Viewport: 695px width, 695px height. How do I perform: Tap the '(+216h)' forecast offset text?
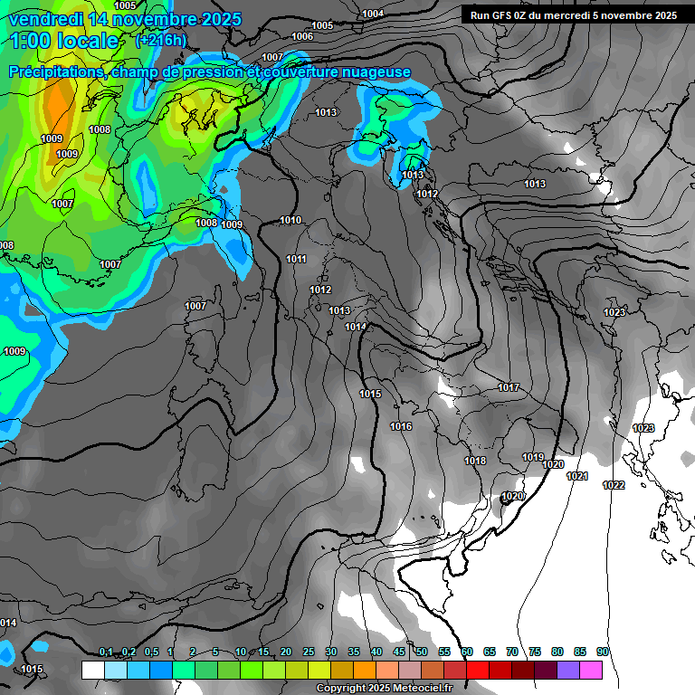click(160, 40)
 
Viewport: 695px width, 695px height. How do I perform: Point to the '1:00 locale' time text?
click(65, 41)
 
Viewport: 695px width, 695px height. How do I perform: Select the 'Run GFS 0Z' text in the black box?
click(506, 15)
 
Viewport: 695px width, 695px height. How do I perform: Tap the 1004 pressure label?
click(372, 14)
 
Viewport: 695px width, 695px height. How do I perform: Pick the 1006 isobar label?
click(302, 36)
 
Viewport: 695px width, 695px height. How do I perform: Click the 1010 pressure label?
click(290, 220)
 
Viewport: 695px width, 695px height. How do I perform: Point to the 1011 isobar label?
click(296, 259)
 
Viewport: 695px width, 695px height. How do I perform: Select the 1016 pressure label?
click(401, 426)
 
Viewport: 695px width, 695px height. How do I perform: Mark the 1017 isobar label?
click(509, 387)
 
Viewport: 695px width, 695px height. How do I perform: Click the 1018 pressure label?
click(475, 461)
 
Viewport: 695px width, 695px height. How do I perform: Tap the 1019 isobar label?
click(533, 457)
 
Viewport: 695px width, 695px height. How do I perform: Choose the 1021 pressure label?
click(576, 476)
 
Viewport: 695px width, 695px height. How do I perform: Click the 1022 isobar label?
click(614, 485)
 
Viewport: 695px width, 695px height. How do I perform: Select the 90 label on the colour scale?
click(602, 652)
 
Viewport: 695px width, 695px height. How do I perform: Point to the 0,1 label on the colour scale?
click(106, 652)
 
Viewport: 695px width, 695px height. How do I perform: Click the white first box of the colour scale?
click(92, 670)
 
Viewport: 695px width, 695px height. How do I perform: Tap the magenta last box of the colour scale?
click(591, 670)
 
